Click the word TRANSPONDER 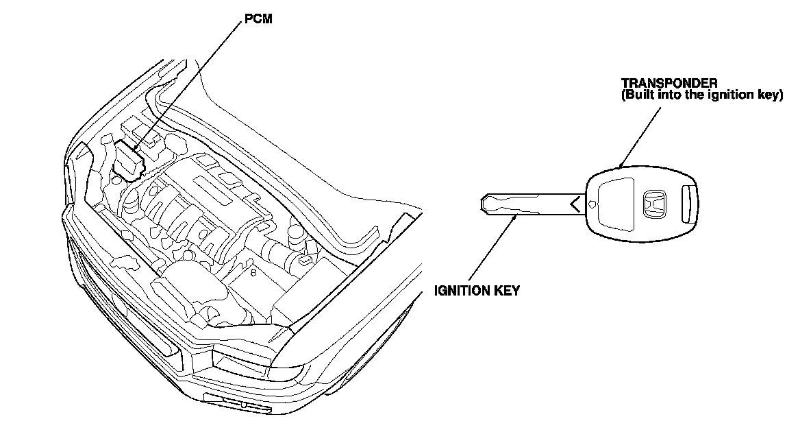tap(669, 83)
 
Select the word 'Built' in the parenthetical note tap(638, 95)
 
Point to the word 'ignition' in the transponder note tap(730, 95)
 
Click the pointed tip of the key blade tap(481, 203)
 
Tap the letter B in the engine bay tap(253, 274)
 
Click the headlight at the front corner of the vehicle tap(241, 363)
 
